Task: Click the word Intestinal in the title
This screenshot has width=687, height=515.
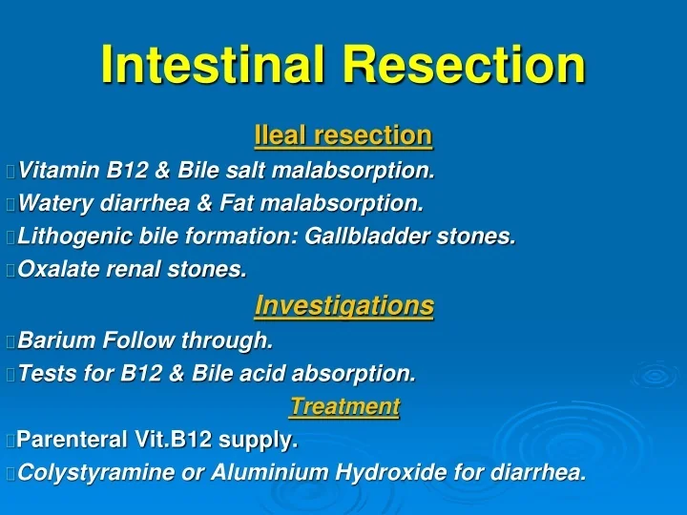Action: tap(215, 65)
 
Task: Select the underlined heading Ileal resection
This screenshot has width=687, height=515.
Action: tap(343, 136)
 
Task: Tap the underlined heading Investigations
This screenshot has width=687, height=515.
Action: tap(343, 306)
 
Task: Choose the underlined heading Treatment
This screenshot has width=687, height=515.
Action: tap(343, 406)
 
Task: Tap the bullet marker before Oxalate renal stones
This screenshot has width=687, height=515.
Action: tap(10, 271)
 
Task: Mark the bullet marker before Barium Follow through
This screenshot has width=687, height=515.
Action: tap(10, 340)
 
